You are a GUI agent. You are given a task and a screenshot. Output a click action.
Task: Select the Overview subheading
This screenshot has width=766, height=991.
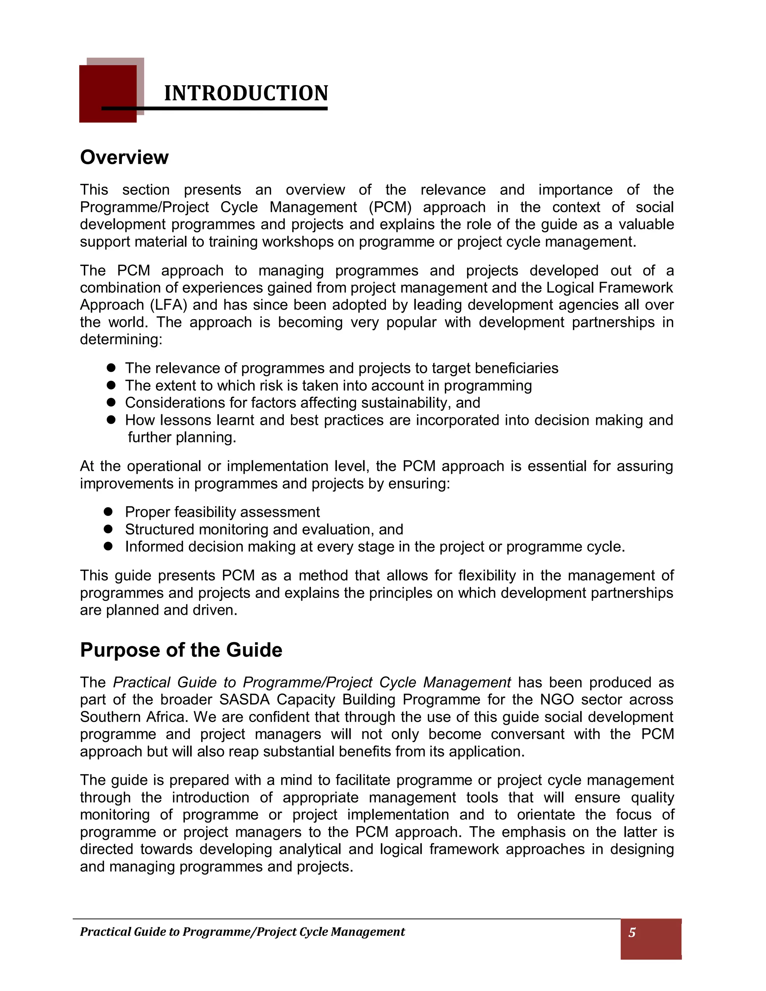[124, 157]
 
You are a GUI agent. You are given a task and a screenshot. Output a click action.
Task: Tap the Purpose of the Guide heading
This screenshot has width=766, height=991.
[181, 650]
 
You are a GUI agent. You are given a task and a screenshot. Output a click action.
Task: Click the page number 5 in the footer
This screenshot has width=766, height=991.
[632, 932]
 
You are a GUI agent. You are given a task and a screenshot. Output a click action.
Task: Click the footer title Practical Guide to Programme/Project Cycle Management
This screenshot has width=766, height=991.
[242, 932]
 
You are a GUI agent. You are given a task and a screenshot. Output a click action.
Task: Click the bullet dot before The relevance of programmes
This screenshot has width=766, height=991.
[111, 368]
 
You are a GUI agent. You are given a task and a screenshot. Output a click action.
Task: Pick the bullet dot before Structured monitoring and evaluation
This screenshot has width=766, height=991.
[108, 529]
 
